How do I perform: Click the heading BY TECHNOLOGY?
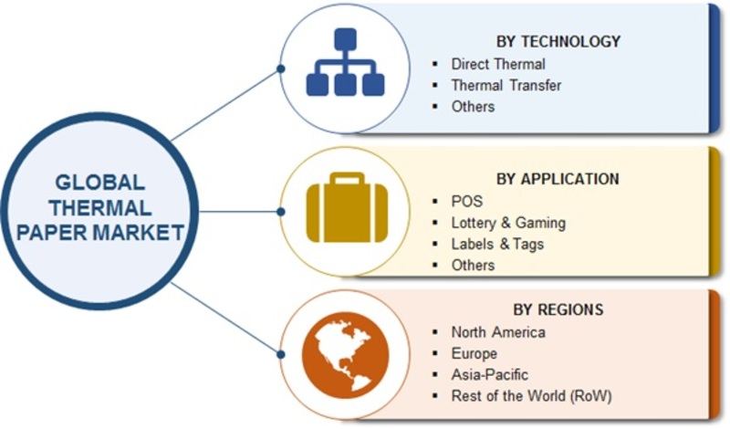click(558, 41)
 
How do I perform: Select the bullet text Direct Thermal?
click(497, 64)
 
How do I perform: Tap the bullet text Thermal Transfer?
click(506, 85)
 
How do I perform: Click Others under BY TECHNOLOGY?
click(473, 107)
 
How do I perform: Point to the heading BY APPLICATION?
click(558, 179)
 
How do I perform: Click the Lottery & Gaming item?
click(508, 222)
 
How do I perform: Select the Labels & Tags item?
click(497, 244)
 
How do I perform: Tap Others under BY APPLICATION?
click(473, 265)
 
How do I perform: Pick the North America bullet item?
click(497, 331)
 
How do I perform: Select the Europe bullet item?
click(474, 353)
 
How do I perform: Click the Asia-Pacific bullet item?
click(489, 374)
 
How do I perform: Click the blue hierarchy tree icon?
click(344, 65)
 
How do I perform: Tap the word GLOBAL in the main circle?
click(98, 182)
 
